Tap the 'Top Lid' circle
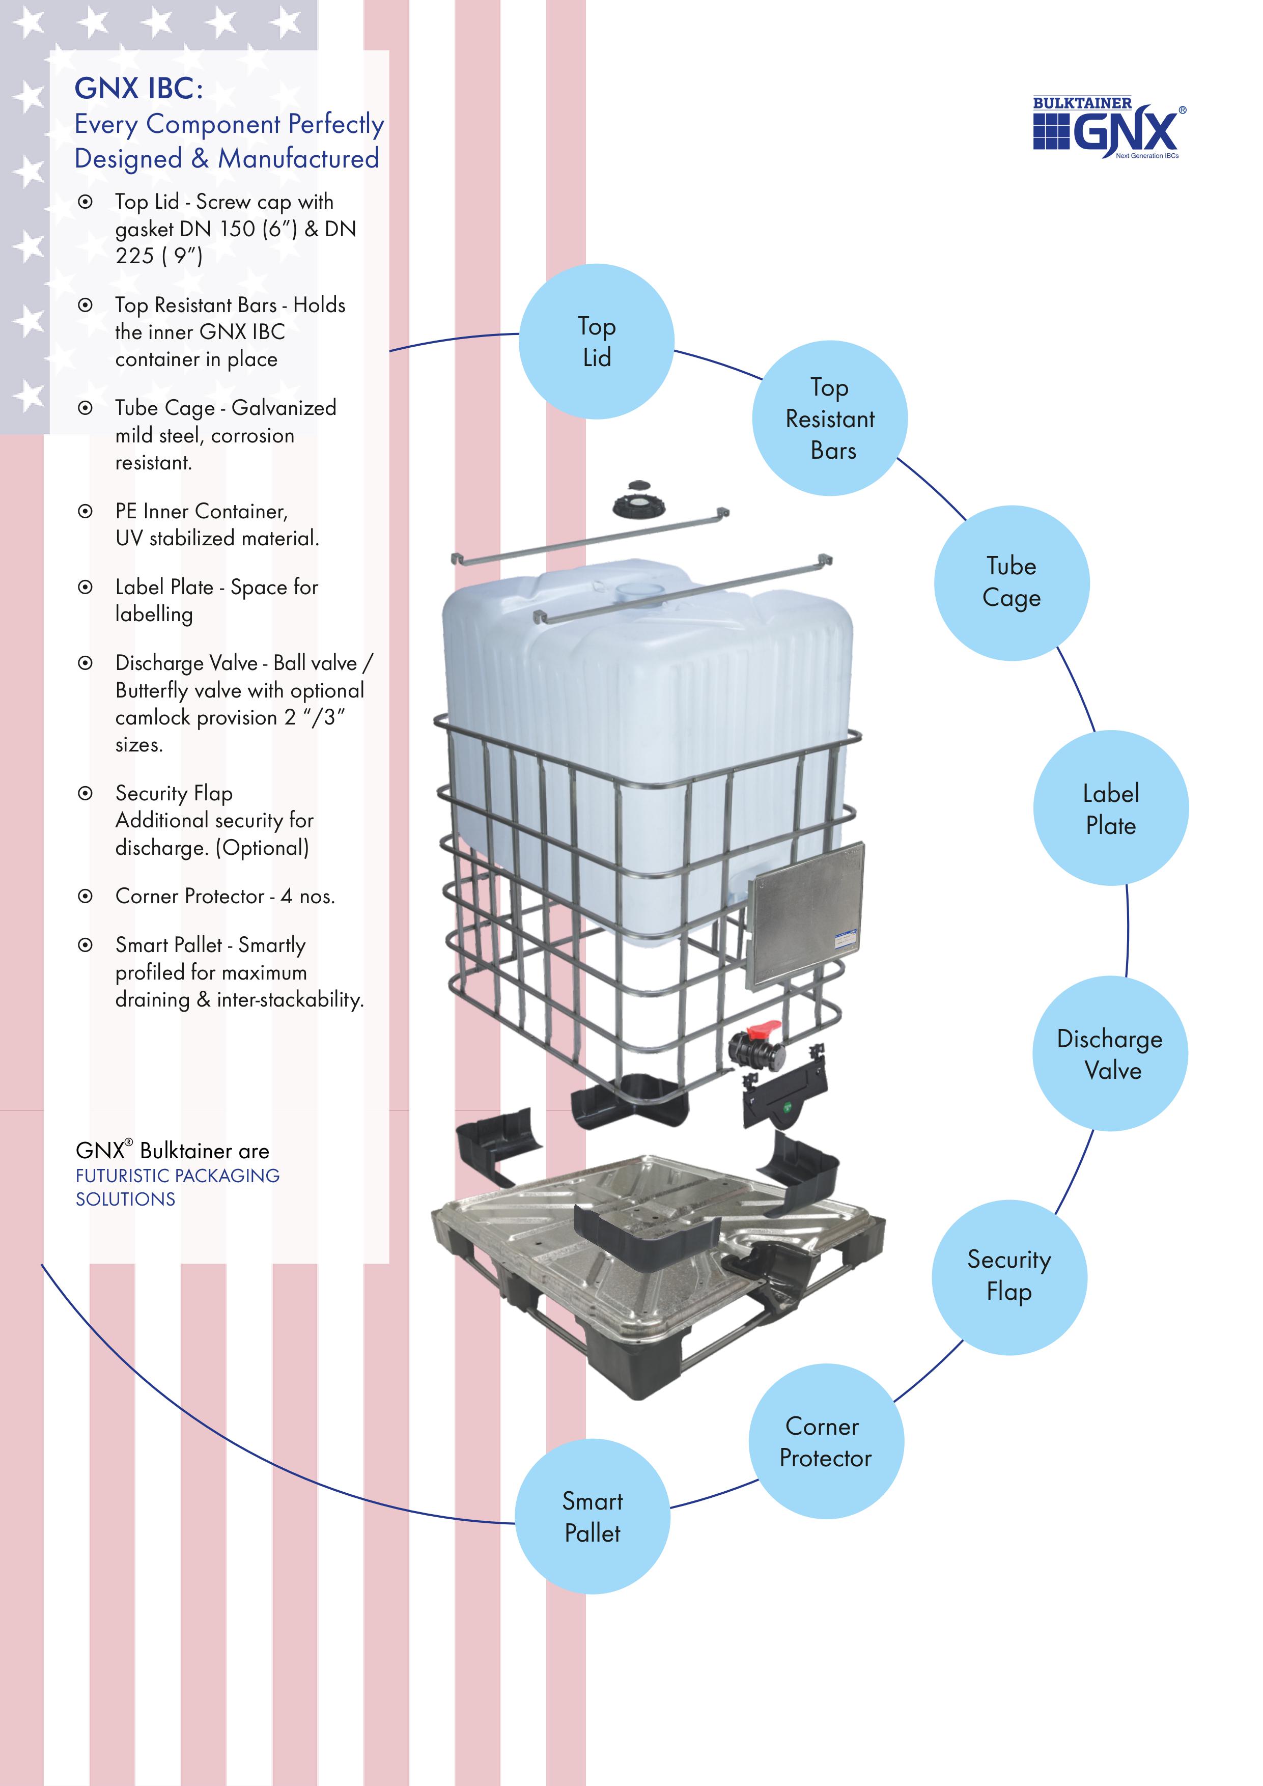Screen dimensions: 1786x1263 click(597, 342)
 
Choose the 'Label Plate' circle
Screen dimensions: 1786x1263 click(1111, 808)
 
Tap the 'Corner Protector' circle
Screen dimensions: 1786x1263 click(826, 1441)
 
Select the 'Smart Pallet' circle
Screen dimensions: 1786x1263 click(593, 1516)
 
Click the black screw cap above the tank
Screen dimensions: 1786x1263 click(638, 499)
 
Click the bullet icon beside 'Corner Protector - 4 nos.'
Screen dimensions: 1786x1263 click(86, 896)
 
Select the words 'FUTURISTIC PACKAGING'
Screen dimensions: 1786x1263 click(177, 1176)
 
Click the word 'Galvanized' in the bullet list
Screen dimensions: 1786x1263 click(284, 408)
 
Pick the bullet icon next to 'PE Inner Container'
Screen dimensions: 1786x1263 click(86, 511)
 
